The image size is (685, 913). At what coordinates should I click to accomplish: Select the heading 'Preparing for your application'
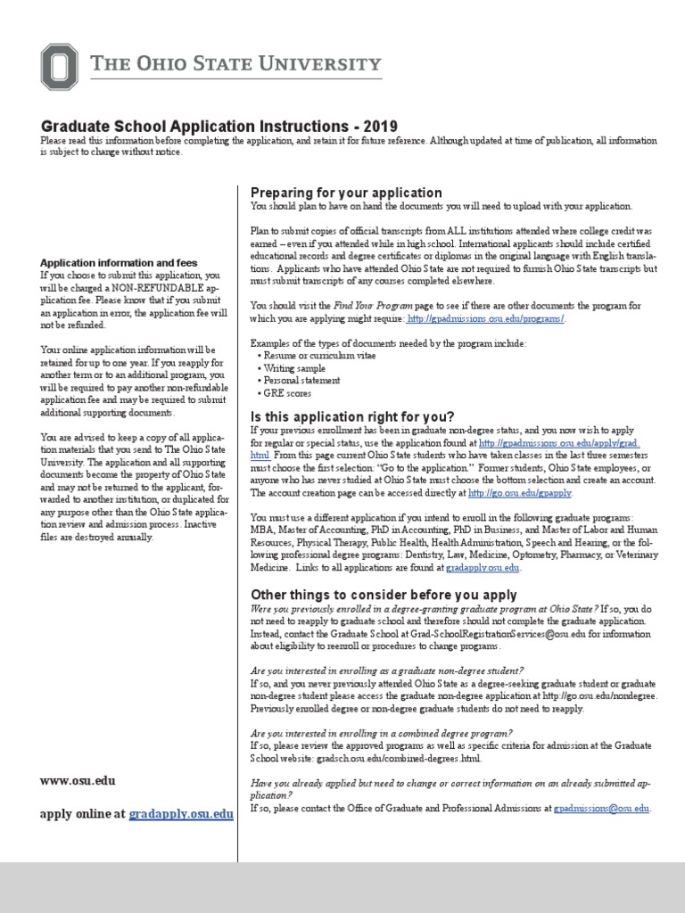click(346, 192)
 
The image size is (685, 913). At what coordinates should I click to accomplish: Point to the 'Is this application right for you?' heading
click(352, 416)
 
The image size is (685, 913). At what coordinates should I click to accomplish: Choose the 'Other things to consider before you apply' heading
click(384, 595)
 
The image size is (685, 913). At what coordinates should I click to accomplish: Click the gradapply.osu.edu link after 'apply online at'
click(181, 814)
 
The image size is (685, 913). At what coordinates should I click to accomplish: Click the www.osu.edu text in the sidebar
click(78, 780)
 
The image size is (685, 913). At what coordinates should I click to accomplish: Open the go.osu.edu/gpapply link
click(519, 493)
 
